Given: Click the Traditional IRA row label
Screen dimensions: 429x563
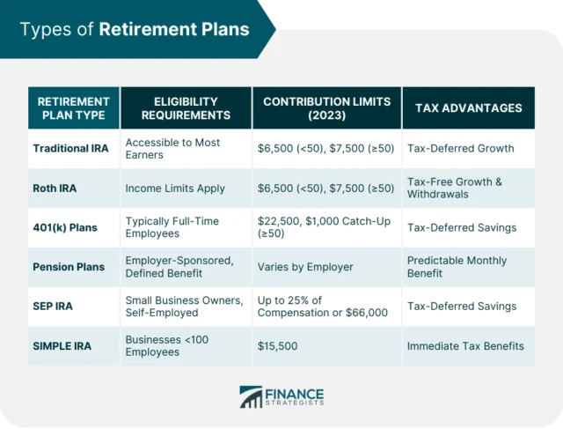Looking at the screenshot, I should click(x=70, y=148).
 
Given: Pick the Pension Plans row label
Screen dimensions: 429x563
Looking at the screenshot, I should click(x=69, y=267).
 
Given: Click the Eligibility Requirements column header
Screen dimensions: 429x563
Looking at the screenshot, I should click(x=186, y=108).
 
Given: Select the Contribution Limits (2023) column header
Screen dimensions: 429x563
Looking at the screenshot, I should click(x=325, y=108).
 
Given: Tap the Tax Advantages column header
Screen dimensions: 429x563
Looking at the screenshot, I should click(x=467, y=108).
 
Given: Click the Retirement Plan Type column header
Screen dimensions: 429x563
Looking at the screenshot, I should click(x=73, y=108).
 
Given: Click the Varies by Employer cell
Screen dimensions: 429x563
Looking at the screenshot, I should click(x=304, y=267).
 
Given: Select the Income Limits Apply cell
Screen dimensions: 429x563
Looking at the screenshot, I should click(x=175, y=188).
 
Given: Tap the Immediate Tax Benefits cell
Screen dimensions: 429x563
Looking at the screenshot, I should click(x=465, y=346).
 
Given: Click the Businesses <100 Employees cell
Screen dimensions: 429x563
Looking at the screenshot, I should click(x=167, y=346).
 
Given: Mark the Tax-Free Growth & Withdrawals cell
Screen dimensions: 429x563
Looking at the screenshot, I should click(x=454, y=188).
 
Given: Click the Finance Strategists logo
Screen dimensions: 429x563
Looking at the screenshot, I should click(x=281, y=396).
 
